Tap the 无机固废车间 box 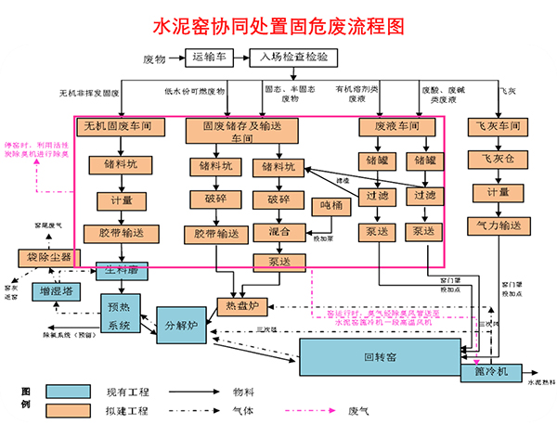click(x=117, y=125)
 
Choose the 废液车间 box click(x=395, y=125)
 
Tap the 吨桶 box click(x=330, y=205)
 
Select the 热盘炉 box click(x=240, y=304)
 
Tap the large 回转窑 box click(x=381, y=356)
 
